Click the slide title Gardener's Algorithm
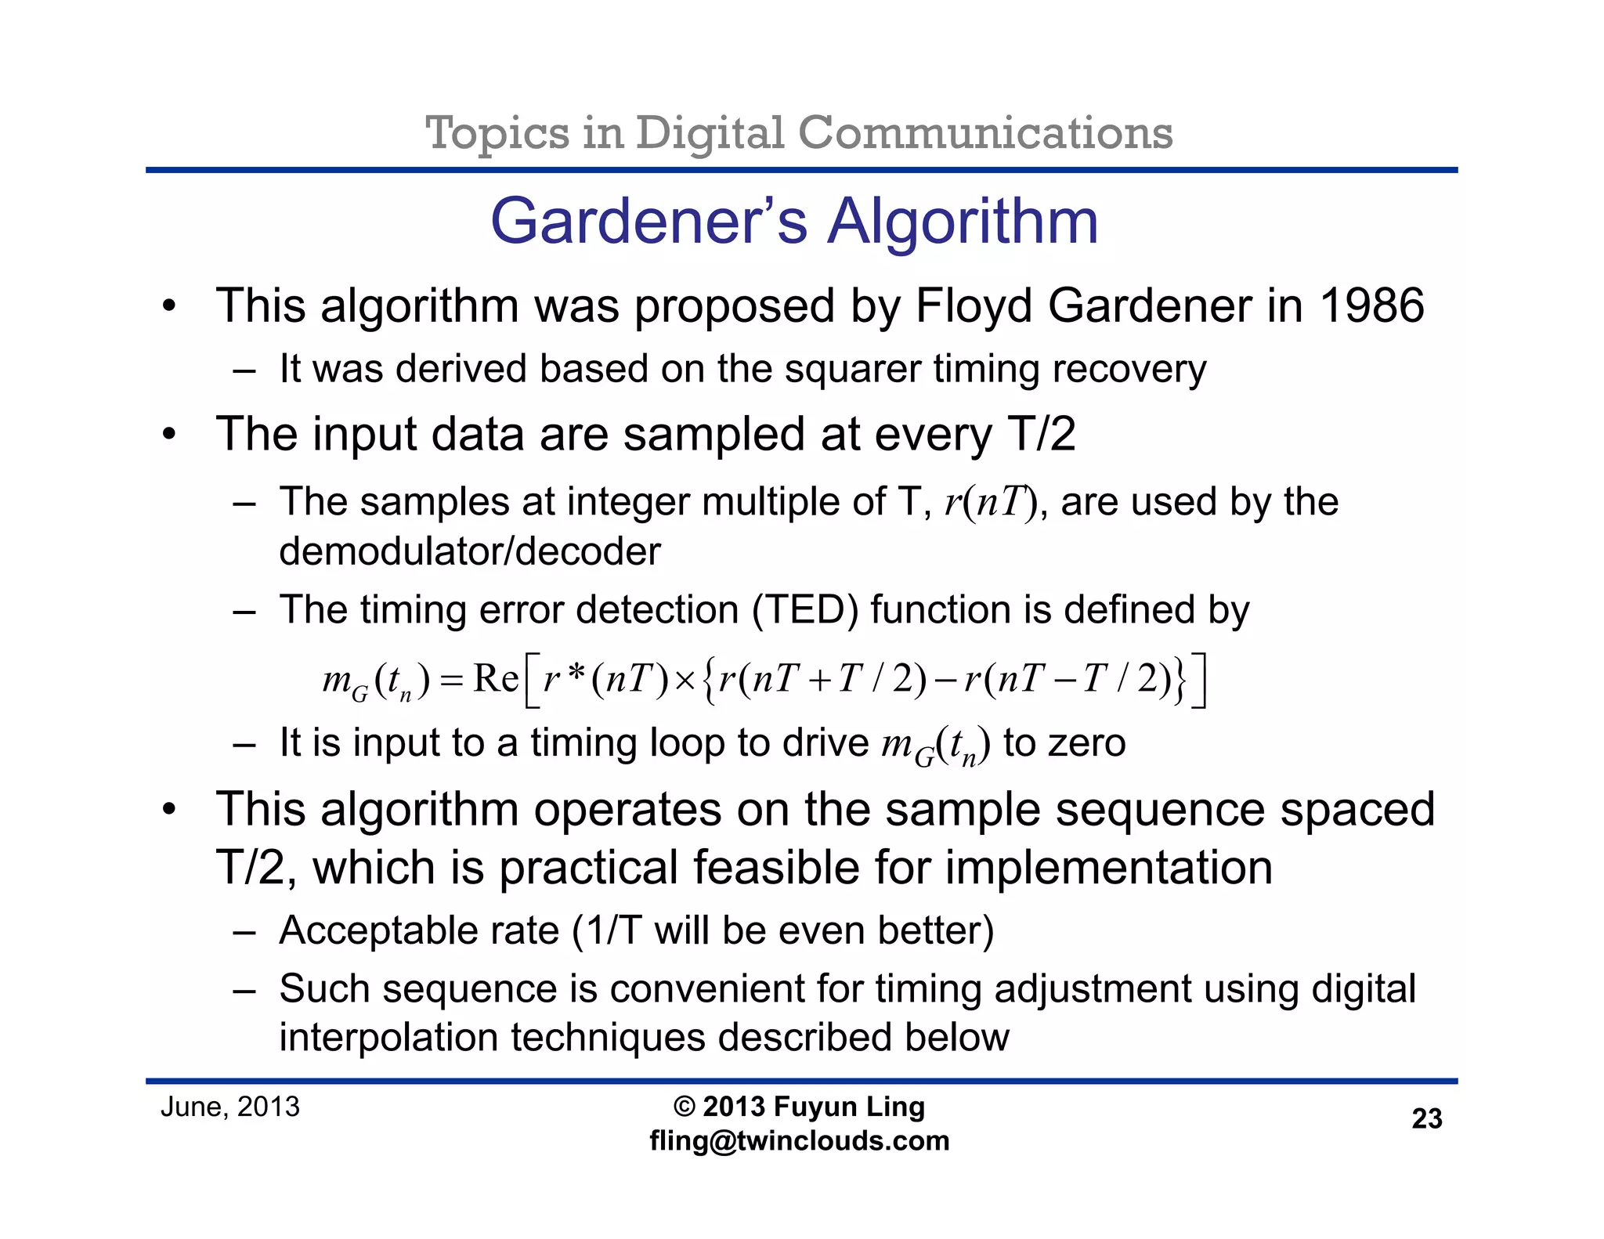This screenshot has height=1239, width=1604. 794,222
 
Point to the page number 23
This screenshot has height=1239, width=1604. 1426,1118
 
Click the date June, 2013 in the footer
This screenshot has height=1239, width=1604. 230,1107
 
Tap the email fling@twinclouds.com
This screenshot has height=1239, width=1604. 799,1141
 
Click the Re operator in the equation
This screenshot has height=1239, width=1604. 495,678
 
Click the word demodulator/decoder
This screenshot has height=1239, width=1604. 470,551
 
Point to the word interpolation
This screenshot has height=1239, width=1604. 388,1038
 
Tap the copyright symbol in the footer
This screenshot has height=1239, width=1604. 684,1107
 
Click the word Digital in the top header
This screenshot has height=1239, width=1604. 709,132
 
